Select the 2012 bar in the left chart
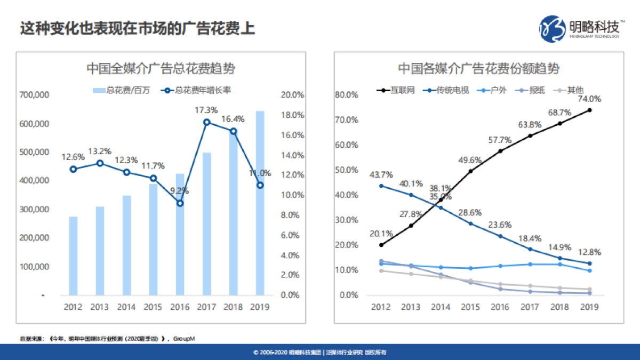point(73,256)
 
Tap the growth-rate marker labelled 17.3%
point(207,122)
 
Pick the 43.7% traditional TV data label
point(381,174)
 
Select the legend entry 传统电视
point(447,91)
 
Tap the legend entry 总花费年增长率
point(198,91)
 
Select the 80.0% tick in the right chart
point(347,95)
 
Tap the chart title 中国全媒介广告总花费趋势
point(161,69)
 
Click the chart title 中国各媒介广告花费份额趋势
point(478,69)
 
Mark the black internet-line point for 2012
point(381,245)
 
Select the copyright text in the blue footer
point(320,353)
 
